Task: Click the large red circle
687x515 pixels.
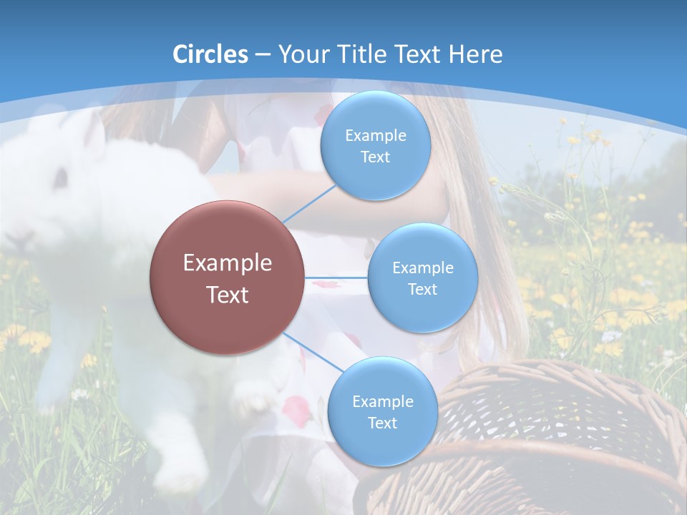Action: tap(228, 278)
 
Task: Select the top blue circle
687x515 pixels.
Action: tap(375, 146)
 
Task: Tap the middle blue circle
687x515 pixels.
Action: tap(422, 278)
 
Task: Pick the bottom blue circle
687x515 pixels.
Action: tap(382, 411)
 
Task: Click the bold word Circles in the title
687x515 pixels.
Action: tap(210, 54)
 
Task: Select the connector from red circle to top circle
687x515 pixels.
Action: tap(309, 204)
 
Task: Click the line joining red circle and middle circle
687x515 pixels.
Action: tap(336, 278)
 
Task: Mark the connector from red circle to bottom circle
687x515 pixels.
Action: tap(313, 353)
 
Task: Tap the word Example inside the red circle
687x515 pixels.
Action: tap(228, 263)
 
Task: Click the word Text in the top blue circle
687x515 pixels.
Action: tap(375, 157)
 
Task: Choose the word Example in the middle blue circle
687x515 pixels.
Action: tap(422, 268)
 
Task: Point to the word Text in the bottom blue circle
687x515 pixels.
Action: tap(382, 423)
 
